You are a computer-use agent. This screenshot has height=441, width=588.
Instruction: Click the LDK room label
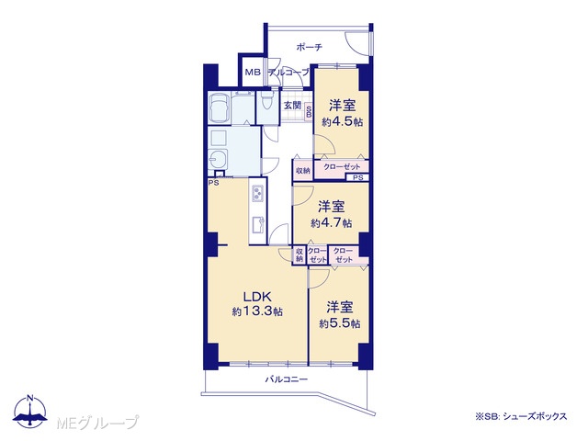[257, 297]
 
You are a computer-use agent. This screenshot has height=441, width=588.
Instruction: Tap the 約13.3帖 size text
[257, 311]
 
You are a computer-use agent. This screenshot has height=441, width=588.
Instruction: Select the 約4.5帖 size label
[343, 121]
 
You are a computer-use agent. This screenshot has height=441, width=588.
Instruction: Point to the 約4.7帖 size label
[332, 222]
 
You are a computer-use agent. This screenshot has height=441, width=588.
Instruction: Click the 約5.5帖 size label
[340, 323]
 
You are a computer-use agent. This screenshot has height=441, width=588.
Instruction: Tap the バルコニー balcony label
[287, 379]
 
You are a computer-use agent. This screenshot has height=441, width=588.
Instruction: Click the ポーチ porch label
[310, 47]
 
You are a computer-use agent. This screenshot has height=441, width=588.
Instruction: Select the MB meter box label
[253, 73]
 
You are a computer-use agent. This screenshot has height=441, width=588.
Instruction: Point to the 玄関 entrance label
[292, 105]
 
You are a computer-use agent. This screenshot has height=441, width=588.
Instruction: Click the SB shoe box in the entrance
[309, 111]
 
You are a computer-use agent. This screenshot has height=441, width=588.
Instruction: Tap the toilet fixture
[266, 101]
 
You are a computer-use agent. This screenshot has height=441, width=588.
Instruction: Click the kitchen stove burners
[257, 193]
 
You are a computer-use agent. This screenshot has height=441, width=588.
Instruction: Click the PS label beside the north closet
[358, 177]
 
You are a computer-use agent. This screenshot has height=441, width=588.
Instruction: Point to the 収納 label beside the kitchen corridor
[303, 170]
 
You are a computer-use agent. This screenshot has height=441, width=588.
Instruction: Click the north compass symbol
[30, 411]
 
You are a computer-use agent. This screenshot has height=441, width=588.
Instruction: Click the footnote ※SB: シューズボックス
[521, 416]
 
